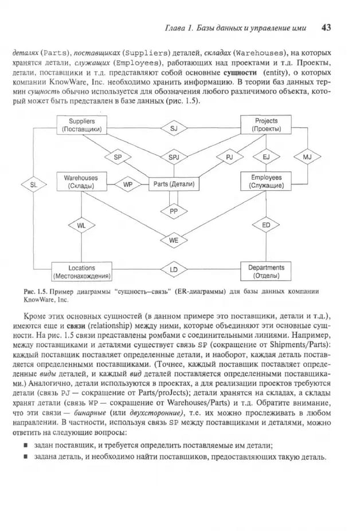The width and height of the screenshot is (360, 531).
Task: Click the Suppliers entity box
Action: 82,125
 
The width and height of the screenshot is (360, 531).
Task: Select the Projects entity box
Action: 266,125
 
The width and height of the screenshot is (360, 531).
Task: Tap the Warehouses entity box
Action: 81,182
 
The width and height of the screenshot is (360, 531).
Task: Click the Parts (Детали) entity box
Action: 174,184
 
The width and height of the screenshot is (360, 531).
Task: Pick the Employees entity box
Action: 266,182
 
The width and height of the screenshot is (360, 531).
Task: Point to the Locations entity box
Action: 82,272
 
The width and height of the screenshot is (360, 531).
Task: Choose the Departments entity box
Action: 266,272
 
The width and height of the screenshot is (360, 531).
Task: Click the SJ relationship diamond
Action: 174,128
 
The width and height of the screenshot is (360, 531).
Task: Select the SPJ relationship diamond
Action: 174,157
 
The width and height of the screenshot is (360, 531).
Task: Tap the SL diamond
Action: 34,185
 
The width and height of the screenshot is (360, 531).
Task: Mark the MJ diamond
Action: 307,157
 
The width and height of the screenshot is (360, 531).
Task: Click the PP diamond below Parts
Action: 174,211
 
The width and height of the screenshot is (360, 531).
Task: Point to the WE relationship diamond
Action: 174,241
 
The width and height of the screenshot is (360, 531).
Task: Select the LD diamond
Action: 174,270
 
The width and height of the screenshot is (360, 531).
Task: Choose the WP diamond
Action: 128,184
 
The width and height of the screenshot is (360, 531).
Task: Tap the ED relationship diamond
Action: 266,225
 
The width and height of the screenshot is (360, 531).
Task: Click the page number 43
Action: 326,27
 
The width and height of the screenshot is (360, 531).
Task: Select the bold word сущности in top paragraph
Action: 240,73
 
